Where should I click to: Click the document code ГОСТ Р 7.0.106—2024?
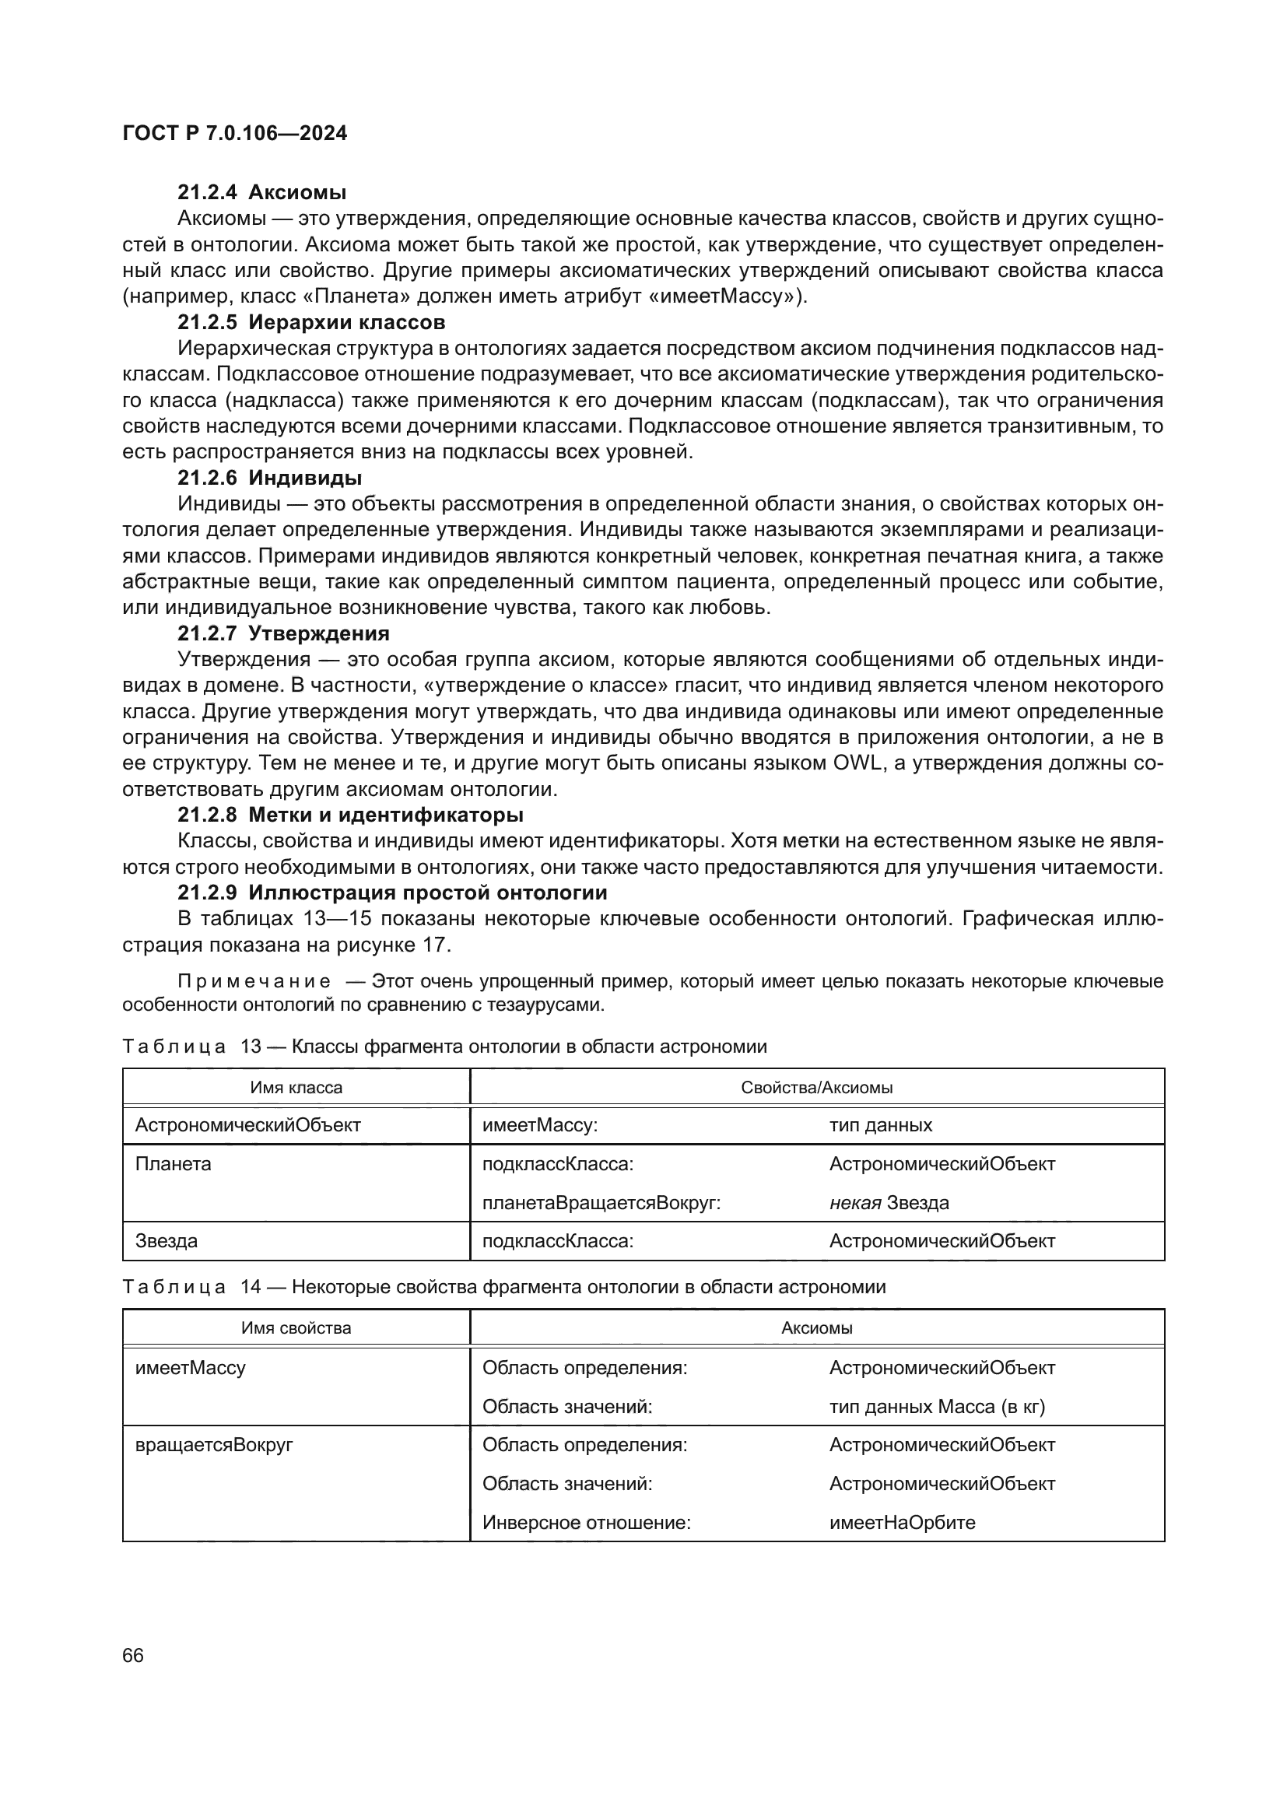click(x=234, y=133)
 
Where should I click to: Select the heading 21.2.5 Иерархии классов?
click(x=310, y=323)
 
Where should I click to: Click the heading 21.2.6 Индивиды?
click(x=269, y=478)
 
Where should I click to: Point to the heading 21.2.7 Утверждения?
click(x=283, y=633)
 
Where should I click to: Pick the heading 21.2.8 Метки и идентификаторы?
click(x=350, y=815)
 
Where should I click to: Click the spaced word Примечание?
click(x=254, y=981)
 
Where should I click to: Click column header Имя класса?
click(x=296, y=1088)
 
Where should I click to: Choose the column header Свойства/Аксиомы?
click(x=816, y=1088)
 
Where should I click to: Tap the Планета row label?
click(x=174, y=1163)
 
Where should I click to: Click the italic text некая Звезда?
click(x=889, y=1202)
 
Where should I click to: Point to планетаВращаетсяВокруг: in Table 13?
click(x=601, y=1202)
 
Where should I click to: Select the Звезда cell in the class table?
click(x=167, y=1240)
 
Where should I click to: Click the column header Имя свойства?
click(x=296, y=1327)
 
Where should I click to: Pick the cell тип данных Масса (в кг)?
click(x=937, y=1406)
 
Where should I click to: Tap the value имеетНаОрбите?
click(x=902, y=1522)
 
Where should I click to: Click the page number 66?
click(x=133, y=1655)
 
